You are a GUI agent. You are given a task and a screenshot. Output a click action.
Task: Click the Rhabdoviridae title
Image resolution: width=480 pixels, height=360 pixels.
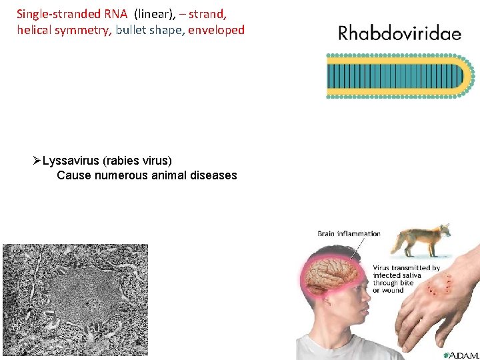point(399,33)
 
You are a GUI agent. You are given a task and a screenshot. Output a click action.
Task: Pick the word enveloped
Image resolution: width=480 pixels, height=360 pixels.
point(217,30)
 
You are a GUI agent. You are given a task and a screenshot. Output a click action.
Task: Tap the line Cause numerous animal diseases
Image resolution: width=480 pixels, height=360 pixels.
point(147,175)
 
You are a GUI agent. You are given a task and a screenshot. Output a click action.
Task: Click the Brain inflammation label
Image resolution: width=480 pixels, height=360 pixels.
point(348,234)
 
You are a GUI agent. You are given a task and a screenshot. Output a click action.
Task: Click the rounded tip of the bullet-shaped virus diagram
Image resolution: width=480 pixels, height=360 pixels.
point(467,77)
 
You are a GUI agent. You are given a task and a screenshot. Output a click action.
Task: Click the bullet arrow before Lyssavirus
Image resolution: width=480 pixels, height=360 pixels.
point(37,161)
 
